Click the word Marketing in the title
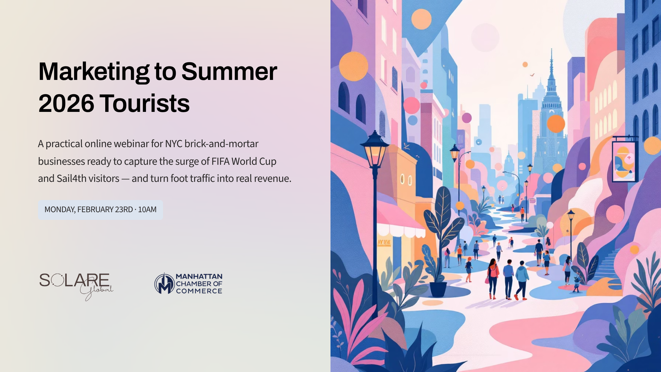[x=94, y=72]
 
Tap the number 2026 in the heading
[x=66, y=104]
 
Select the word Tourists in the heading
[x=146, y=104]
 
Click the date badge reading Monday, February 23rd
[x=100, y=210]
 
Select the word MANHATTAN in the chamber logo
[x=199, y=276]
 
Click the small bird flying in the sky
[x=532, y=75]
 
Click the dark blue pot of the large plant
[x=438, y=289]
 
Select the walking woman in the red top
[x=493, y=277]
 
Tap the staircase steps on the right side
[x=609, y=262]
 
